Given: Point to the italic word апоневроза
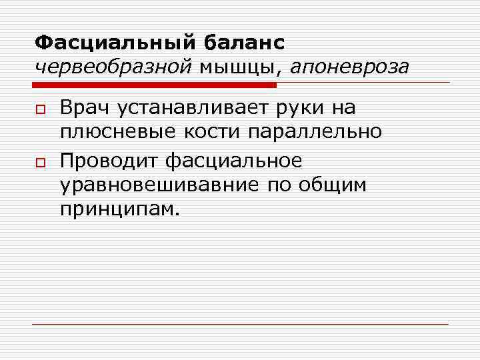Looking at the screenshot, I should click(x=349, y=67).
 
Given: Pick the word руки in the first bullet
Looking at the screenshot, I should click(x=297, y=107).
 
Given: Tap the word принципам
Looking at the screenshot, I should click(x=119, y=211).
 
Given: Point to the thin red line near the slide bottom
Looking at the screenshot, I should click(x=240, y=324).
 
